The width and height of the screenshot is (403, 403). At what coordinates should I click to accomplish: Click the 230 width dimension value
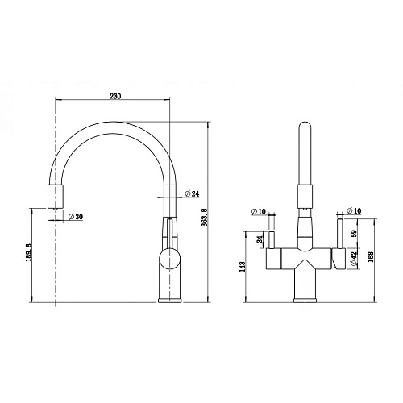[114, 96]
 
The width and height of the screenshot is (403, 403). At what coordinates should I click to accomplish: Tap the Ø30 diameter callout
[77, 215]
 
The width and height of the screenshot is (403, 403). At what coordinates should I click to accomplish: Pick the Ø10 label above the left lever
[260, 211]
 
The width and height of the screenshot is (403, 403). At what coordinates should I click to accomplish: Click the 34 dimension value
[260, 239]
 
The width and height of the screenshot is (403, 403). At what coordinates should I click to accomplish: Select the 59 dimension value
[354, 237]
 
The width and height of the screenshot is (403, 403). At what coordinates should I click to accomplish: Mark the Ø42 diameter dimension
[354, 258]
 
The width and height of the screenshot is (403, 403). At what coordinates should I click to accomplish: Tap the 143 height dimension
[242, 267]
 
